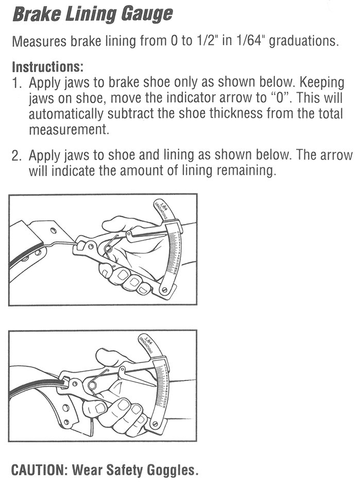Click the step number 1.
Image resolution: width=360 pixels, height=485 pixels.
(16, 83)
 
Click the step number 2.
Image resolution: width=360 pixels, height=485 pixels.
(18, 156)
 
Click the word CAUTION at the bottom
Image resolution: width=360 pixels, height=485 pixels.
(39, 470)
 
